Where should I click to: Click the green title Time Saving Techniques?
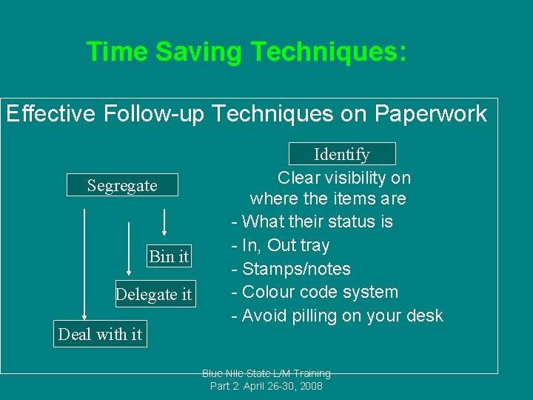[x=246, y=53]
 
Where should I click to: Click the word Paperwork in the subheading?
[x=430, y=114]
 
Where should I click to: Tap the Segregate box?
[x=122, y=185]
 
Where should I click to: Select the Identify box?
[x=341, y=154]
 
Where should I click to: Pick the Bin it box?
[x=169, y=256]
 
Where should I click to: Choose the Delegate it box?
[x=153, y=294]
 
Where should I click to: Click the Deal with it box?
[x=100, y=334]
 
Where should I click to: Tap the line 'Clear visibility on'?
[x=343, y=178]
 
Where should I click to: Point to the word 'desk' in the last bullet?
[x=424, y=316]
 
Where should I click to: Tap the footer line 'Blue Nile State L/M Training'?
[x=266, y=373]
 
